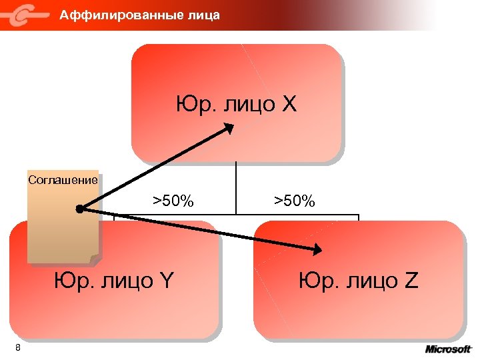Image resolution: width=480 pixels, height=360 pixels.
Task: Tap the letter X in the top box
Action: [x=289, y=105]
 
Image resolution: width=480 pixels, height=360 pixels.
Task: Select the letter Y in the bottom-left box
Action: [x=166, y=281]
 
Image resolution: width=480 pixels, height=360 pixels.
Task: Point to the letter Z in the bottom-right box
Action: [x=411, y=281]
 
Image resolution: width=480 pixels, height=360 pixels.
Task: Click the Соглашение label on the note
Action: [x=63, y=179]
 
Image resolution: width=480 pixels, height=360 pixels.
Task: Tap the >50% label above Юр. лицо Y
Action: [x=173, y=201]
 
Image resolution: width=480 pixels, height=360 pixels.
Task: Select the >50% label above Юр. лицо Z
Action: [x=294, y=201]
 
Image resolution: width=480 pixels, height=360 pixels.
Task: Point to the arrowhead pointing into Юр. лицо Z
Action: [x=315, y=249]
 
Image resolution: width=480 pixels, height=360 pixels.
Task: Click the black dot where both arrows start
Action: [x=79, y=209]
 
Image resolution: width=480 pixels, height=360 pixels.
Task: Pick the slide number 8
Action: [x=18, y=349]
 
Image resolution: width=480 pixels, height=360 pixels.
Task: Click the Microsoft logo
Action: [x=448, y=349]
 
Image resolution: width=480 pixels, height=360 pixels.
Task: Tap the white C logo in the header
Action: [x=27, y=15]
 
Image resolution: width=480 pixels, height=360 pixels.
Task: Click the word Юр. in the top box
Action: [x=194, y=105]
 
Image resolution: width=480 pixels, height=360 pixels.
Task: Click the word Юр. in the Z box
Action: [x=316, y=281]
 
